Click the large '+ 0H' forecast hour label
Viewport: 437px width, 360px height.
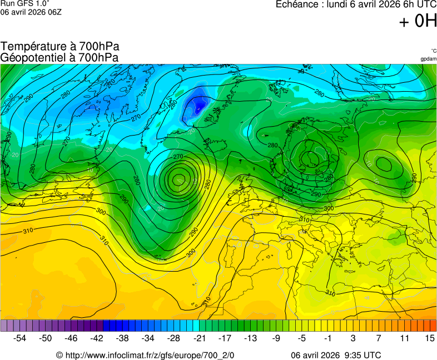tap(418, 21)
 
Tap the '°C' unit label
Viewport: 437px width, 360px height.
tap(433, 51)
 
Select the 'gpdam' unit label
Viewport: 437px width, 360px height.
tap(428, 58)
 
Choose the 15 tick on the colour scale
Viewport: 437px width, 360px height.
tap(429, 338)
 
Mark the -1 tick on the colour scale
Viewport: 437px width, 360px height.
tap(327, 338)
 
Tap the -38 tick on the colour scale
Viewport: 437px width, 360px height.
tap(123, 338)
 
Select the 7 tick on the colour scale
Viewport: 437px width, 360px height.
tap(379, 338)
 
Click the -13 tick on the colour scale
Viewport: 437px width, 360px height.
tap(251, 338)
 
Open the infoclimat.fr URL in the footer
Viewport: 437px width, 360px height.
tap(150, 355)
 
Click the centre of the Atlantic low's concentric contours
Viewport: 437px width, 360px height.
tap(178, 179)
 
